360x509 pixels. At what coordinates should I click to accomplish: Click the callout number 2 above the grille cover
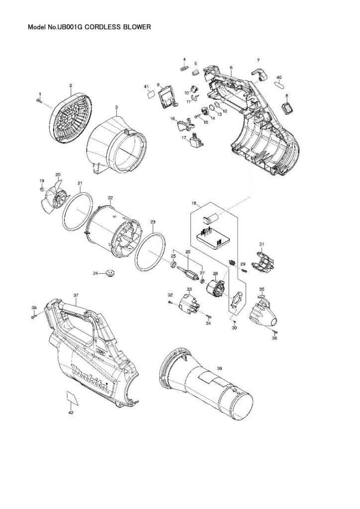click(x=71, y=85)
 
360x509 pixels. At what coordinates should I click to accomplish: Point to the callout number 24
click(x=95, y=273)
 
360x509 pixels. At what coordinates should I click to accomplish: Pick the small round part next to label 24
click(x=110, y=273)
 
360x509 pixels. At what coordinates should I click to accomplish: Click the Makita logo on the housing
click(x=90, y=378)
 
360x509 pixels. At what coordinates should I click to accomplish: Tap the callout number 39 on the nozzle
click(x=219, y=368)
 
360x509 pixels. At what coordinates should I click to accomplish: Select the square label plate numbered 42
click(x=72, y=398)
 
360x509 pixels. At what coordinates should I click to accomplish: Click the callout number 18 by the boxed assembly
click(x=194, y=203)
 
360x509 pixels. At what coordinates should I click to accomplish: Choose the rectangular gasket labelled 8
click(x=286, y=107)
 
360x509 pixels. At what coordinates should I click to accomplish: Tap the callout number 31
click(x=262, y=244)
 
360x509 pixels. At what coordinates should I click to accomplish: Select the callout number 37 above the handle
click(x=76, y=295)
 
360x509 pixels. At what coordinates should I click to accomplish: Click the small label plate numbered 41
click(x=150, y=95)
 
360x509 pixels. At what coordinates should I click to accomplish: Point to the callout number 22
click(x=110, y=198)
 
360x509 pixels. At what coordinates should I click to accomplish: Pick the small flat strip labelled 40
click(x=280, y=85)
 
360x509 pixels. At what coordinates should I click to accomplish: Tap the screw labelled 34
click(x=209, y=317)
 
